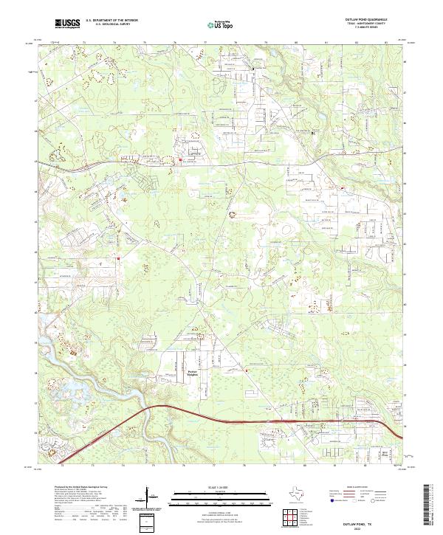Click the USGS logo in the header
[x=67, y=24]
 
